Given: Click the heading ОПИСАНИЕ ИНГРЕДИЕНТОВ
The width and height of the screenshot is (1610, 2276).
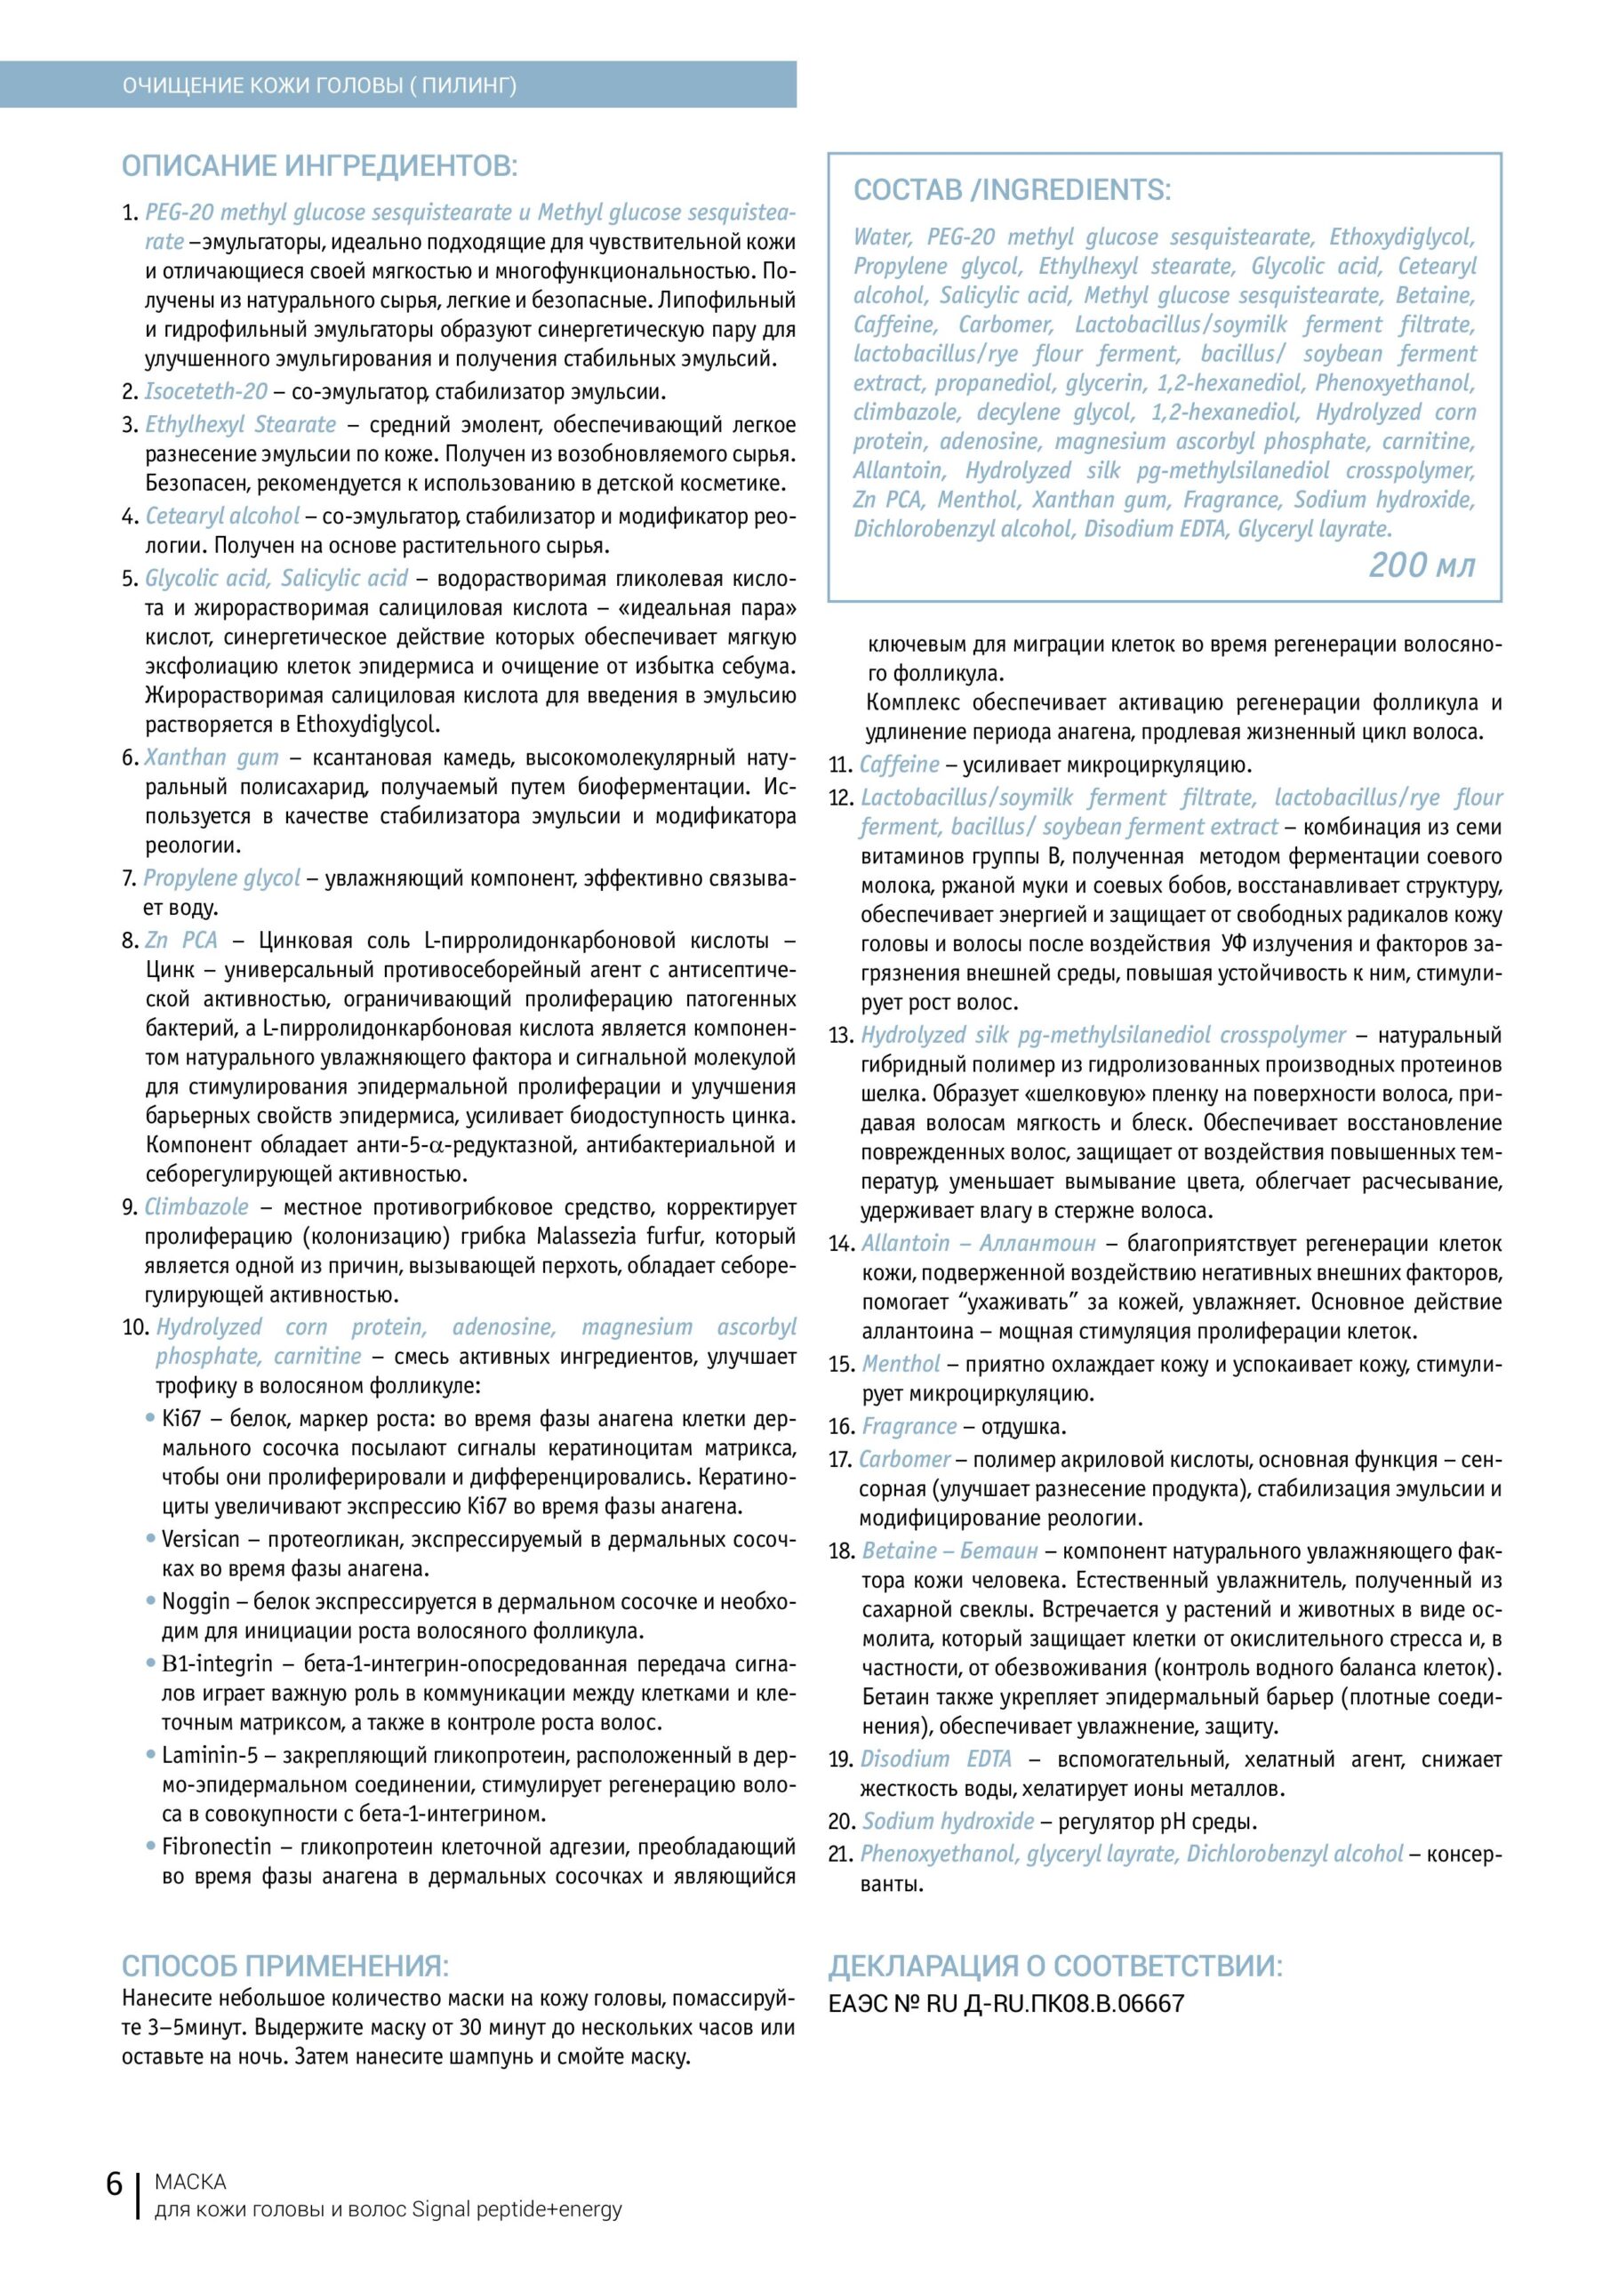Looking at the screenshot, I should click(319, 165).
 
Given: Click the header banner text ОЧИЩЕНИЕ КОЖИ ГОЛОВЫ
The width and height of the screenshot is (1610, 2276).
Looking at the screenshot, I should click(319, 86).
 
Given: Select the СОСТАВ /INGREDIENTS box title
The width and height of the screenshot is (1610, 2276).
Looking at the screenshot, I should click(1011, 190).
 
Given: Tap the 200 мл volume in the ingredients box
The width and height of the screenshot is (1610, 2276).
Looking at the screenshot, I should click(1422, 565).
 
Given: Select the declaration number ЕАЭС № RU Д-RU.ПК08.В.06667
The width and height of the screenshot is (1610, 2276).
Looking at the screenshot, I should click(1005, 2003).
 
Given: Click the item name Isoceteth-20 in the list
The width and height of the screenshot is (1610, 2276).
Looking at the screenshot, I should click(206, 391).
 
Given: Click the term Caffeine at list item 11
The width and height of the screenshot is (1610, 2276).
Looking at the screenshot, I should click(899, 765).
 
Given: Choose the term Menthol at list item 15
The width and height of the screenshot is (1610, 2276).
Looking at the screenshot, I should click(901, 1364).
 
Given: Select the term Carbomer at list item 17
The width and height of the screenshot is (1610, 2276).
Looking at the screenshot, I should click(904, 1459).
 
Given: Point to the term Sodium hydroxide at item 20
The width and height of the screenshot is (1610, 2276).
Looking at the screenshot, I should click(948, 1821).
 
